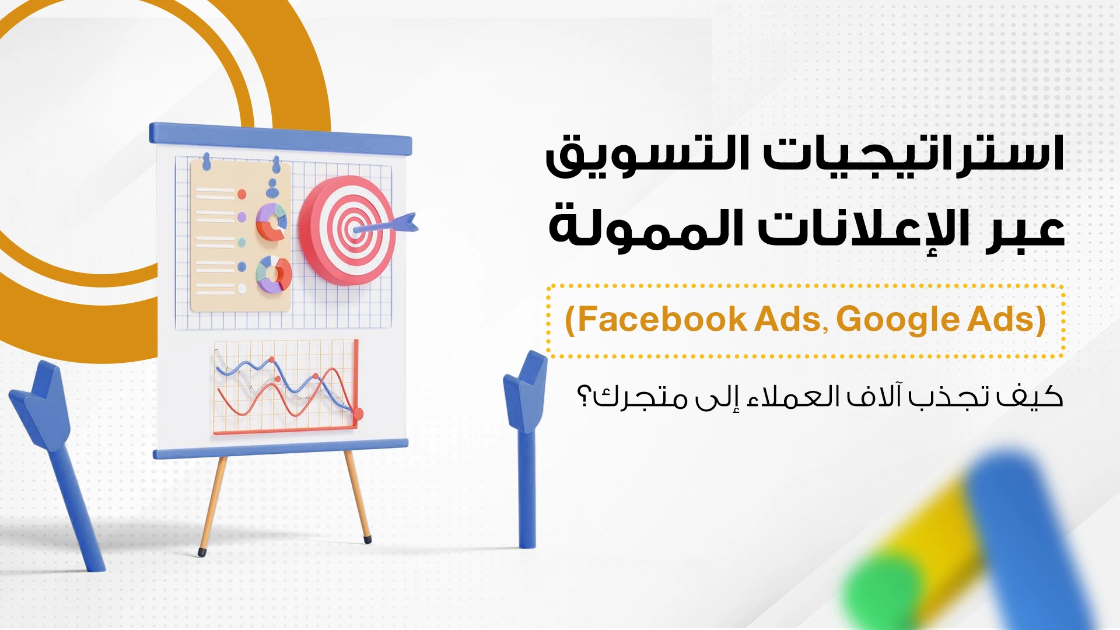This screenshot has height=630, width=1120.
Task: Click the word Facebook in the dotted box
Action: click(x=661, y=319)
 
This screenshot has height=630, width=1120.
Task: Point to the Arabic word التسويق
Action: click(x=647, y=155)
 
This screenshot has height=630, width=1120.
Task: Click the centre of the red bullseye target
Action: click(x=353, y=229)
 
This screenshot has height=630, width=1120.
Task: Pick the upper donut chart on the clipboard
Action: click(x=272, y=222)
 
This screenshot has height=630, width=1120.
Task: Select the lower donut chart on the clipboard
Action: click(x=274, y=274)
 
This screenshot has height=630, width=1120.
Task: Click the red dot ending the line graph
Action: click(x=358, y=414)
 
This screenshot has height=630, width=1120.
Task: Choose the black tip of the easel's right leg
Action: click(x=367, y=538)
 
